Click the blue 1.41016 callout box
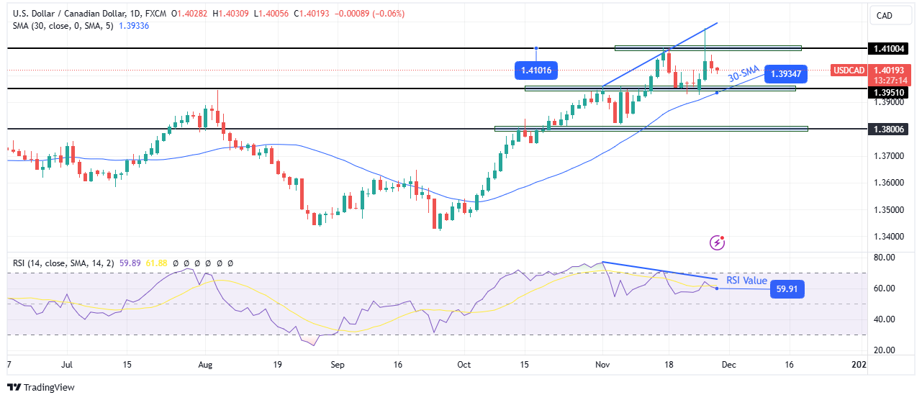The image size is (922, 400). point(537,71)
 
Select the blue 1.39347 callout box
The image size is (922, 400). point(787,73)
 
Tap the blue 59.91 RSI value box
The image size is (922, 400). point(786,289)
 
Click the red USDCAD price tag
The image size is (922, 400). point(848,70)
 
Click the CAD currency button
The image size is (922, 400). point(884,15)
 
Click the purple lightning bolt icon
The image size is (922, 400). point(717,242)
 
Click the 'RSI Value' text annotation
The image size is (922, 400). point(746,281)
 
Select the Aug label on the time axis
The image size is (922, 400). point(206,365)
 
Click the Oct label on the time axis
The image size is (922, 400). point(464,365)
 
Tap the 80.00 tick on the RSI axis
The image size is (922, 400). point(885,257)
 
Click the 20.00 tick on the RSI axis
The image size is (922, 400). point(885,350)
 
